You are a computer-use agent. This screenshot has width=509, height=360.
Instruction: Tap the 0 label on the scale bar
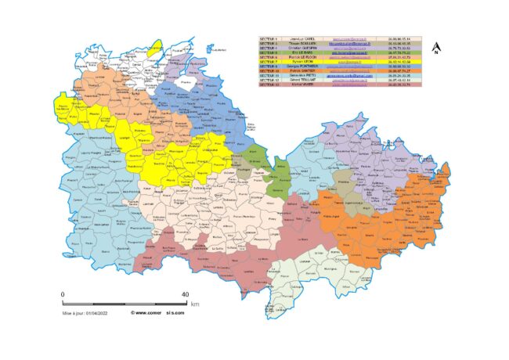[x=63, y=295]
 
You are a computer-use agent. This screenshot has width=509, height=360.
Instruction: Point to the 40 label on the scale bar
[x=185, y=295]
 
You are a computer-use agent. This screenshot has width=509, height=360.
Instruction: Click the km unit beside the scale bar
[x=195, y=303]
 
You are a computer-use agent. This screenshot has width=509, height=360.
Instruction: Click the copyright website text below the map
[x=157, y=313]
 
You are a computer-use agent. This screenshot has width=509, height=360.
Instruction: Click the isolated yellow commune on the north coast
[x=157, y=49]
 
